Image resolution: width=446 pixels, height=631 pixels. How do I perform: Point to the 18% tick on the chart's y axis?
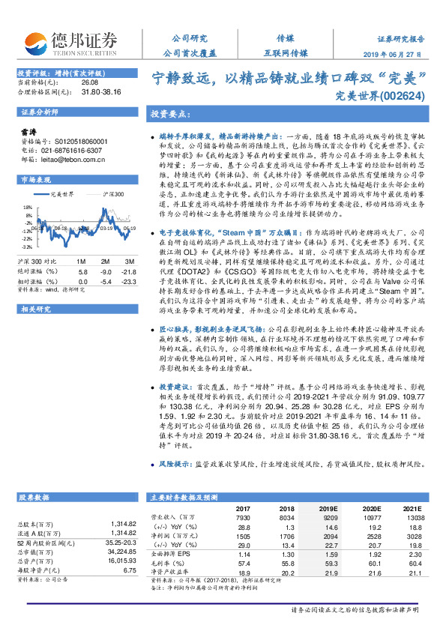28,207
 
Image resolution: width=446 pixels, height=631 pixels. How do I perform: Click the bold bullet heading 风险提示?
178,464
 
